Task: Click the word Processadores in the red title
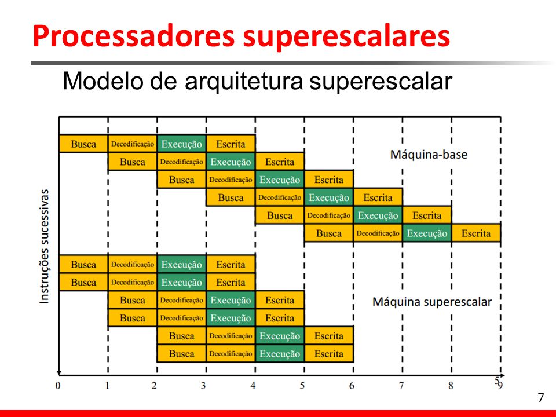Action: (133, 36)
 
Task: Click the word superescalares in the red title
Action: (346, 37)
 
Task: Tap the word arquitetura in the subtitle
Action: (244, 82)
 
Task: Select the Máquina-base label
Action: (429, 155)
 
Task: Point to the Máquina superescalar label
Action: (432, 302)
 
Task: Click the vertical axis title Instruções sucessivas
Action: (44, 247)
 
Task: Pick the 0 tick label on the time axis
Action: (58, 386)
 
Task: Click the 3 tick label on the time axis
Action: (203, 386)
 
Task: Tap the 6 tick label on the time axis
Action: (352, 386)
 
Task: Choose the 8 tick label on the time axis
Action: (451, 386)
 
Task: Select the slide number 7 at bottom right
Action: (540, 398)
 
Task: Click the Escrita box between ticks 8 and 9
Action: (476, 233)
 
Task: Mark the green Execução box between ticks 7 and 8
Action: (427, 233)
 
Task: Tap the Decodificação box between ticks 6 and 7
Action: (378, 233)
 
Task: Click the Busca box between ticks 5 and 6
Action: (329, 233)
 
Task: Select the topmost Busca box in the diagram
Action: (83, 144)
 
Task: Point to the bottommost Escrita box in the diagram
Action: (329, 353)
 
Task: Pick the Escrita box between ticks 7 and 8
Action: (427, 215)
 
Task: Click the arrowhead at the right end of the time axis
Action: (502, 375)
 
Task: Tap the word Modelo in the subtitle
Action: (104, 81)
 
